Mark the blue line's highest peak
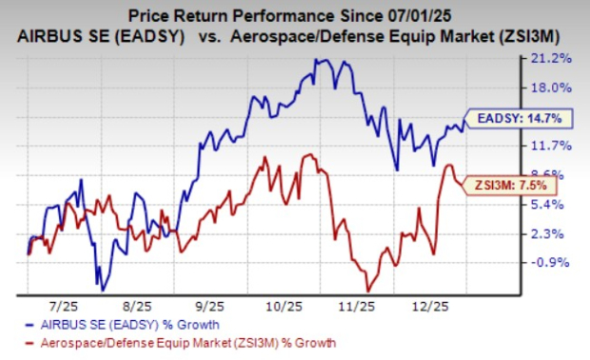pyautogui.click(x=317, y=60)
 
